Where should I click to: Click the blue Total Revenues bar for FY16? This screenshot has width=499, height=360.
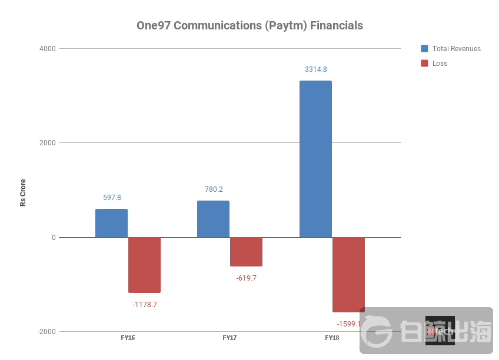[111, 223]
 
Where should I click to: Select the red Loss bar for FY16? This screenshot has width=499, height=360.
[144, 265]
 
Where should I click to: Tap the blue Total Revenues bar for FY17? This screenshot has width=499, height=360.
[213, 219]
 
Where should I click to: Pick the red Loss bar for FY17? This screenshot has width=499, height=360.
[246, 252]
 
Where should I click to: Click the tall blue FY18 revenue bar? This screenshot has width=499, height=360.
[315, 159]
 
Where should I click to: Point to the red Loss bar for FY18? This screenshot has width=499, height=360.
[348, 274]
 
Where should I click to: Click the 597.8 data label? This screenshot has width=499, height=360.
[111, 198]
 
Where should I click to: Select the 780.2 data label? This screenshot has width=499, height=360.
[213, 189]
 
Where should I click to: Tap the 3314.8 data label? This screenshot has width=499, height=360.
[315, 69]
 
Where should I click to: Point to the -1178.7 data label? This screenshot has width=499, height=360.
[145, 305]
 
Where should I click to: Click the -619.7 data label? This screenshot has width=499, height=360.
[246, 278]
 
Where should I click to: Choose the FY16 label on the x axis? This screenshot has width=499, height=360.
[128, 338]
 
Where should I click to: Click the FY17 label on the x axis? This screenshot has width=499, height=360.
[229, 338]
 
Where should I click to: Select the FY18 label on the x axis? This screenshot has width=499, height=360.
[332, 338]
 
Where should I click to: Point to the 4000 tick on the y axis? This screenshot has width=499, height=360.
[48, 49]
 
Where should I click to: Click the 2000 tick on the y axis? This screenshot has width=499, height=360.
[48, 143]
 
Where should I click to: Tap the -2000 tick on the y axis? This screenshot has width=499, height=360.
[46, 332]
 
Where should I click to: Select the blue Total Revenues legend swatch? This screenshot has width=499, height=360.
[424, 49]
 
